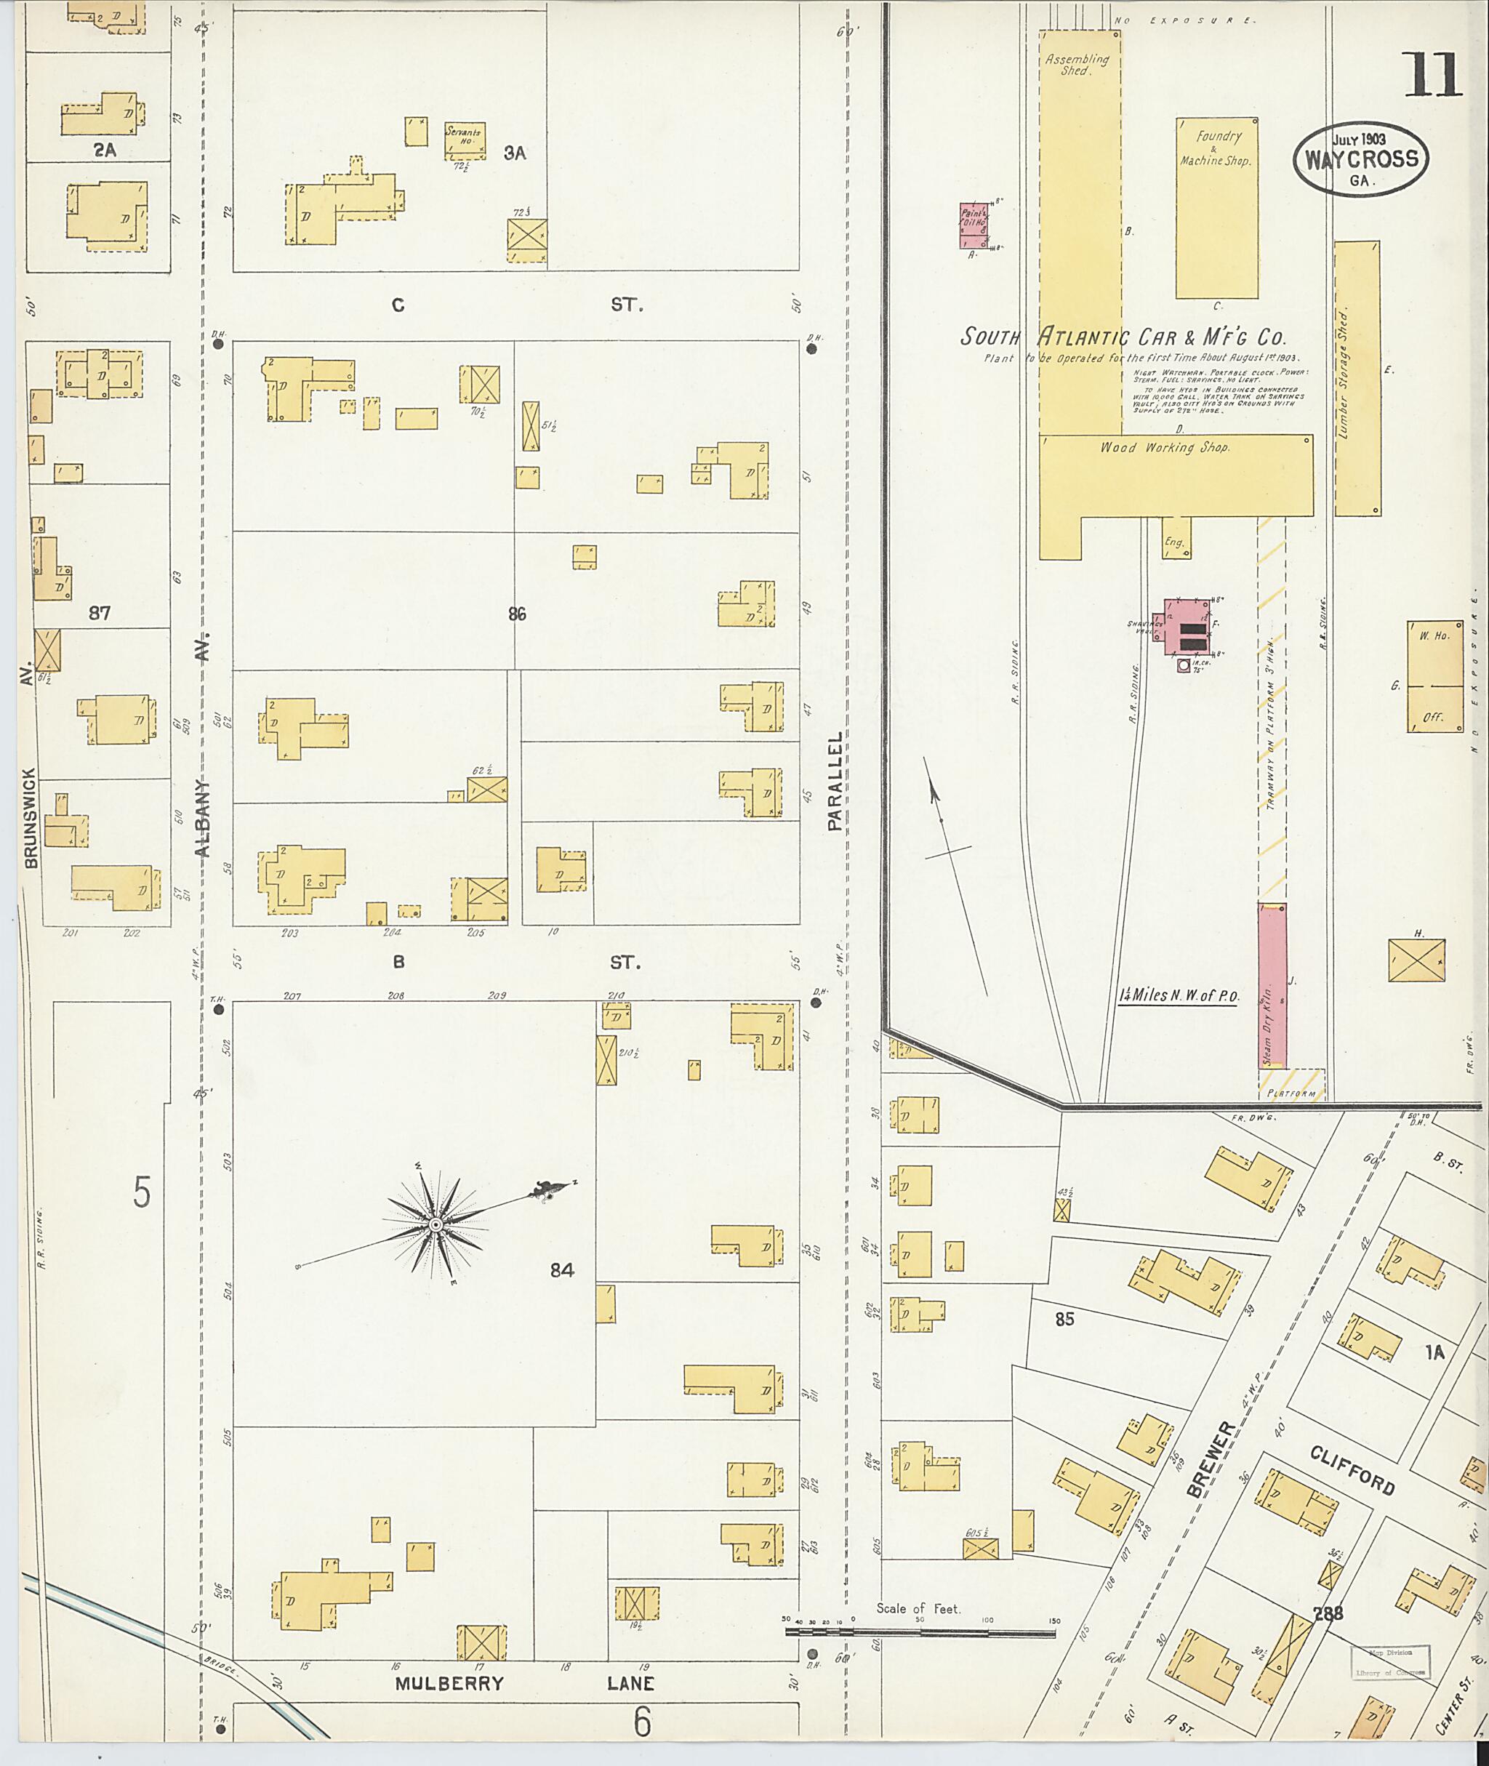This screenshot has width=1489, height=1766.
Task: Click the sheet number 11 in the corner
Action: coord(1432,75)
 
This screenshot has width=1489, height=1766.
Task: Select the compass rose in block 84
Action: coord(436,1225)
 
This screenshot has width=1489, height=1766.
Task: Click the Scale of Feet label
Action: coord(918,1608)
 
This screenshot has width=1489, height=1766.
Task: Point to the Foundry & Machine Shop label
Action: coord(1216,148)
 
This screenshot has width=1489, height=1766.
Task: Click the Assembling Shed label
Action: coord(1076,64)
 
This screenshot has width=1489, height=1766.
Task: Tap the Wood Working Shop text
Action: coord(1164,447)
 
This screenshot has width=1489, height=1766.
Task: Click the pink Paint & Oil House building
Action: coord(974,225)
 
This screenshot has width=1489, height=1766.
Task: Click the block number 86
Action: coord(518,614)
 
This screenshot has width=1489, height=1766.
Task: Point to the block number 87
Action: coord(100,613)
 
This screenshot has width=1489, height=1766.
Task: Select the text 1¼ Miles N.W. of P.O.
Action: coord(1179,995)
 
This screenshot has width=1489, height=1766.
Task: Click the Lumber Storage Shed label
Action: coord(1344,373)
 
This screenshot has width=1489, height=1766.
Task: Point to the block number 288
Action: coord(1328,1613)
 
